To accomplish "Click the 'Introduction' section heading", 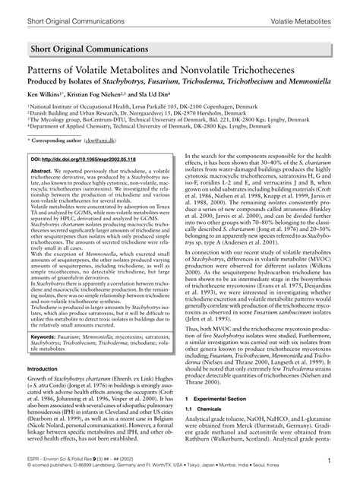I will (48, 368).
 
